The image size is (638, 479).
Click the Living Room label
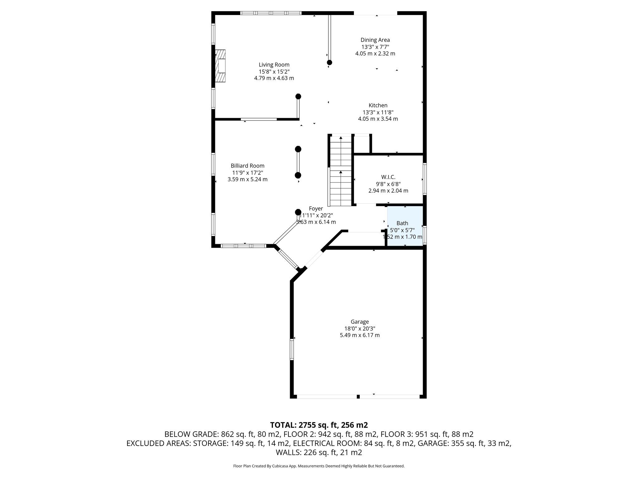tap(274, 65)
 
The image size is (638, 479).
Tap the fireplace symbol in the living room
tap(221, 66)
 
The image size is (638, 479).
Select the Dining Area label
tap(375, 40)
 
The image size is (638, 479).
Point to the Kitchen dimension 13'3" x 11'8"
tap(378, 112)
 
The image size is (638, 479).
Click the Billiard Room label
tap(247, 166)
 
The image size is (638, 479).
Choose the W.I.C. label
tap(388, 177)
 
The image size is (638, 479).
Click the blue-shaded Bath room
tap(405, 226)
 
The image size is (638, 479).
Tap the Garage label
tap(359, 322)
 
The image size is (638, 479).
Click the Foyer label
tap(316, 209)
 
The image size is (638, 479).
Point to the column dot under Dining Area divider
tap(329, 63)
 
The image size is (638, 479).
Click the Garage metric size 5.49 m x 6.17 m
tap(359, 335)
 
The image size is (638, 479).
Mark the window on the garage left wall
tap(292, 349)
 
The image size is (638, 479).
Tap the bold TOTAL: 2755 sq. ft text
tap(319, 425)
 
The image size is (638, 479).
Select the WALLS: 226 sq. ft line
tap(319, 452)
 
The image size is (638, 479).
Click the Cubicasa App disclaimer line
tap(319, 466)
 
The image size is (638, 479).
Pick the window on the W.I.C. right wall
tap(424, 179)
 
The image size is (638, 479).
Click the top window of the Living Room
tap(271, 13)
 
